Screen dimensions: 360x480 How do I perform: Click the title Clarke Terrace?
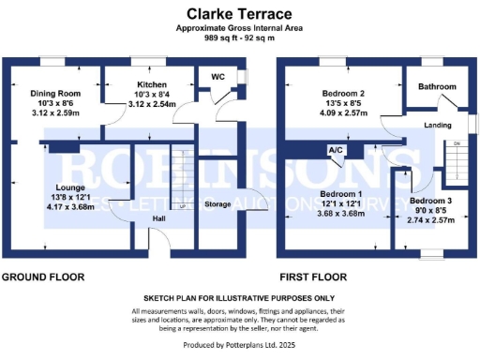coord(239,14)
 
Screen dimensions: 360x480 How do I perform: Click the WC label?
coord(217,76)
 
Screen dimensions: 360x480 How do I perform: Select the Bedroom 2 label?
coord(344,94)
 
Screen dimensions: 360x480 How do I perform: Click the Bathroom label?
coord(437,87)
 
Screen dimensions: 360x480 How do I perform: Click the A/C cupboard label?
coord(334,150)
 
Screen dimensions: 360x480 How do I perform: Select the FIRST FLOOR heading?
coord(312,277)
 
